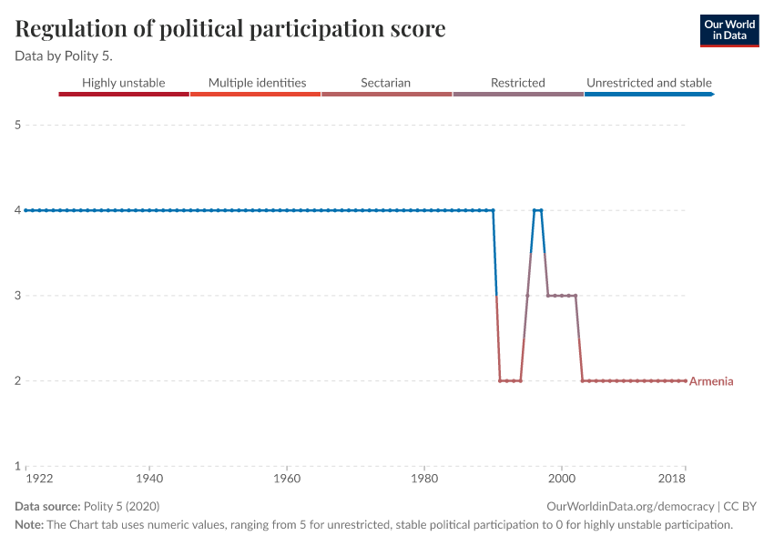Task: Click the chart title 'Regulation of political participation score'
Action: pos(230,29)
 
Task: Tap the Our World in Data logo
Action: pos(728,30)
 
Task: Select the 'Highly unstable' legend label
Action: pos(124,83)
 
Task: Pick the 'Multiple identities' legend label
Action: pos(257,83)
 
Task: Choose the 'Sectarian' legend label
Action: pos(385,83)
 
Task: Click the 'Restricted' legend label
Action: pos(517,83)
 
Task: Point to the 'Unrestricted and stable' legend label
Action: pos(648,83)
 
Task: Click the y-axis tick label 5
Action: pos(18,125)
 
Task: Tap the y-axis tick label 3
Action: pos(18,296)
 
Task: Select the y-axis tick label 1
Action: pos(18,466)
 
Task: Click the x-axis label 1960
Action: pos(287,478)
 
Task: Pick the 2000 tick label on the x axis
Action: pos(562,478)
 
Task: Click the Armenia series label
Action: pos(711,381)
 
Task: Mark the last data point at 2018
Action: pos(685,380)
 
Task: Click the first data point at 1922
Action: pos(26,210)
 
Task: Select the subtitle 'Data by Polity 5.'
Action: pos(64,56)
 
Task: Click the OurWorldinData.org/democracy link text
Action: pos(630,507)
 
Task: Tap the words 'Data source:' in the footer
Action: pos(47,507)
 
